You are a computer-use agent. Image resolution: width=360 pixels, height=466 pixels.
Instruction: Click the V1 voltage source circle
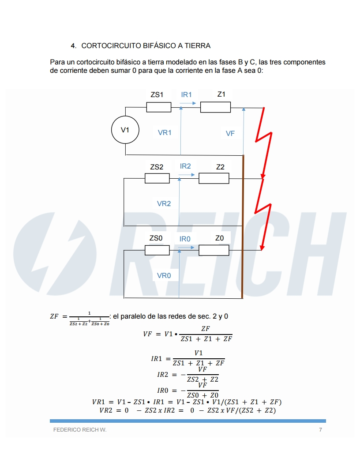point(125,130)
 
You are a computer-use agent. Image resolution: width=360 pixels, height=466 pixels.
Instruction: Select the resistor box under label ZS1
point(158,107)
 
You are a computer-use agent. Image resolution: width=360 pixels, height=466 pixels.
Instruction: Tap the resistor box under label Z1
point(215,107)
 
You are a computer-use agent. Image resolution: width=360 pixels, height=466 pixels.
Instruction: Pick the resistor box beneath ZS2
point(157,178)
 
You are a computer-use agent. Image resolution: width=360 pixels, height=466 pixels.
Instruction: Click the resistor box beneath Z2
point(214,178)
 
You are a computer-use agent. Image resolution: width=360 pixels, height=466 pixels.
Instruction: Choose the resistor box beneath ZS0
point(157,250)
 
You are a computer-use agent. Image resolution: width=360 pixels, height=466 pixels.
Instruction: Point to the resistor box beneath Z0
point(214,250)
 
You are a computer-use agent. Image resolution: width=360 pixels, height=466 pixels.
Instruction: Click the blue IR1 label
point(186,94)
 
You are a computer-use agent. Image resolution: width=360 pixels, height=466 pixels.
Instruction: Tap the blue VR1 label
point(165,132)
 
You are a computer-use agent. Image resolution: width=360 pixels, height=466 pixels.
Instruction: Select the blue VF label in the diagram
point(230,133)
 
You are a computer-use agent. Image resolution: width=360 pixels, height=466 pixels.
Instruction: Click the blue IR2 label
point(185,166)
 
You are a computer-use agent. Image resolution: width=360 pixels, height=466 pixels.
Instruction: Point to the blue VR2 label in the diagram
point(164,203)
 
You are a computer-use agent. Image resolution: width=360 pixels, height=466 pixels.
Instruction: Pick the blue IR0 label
point(185,239)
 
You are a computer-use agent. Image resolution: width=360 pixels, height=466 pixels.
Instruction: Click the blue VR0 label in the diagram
point(164,275)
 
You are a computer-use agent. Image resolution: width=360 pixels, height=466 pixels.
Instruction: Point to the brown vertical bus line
point(243,229)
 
